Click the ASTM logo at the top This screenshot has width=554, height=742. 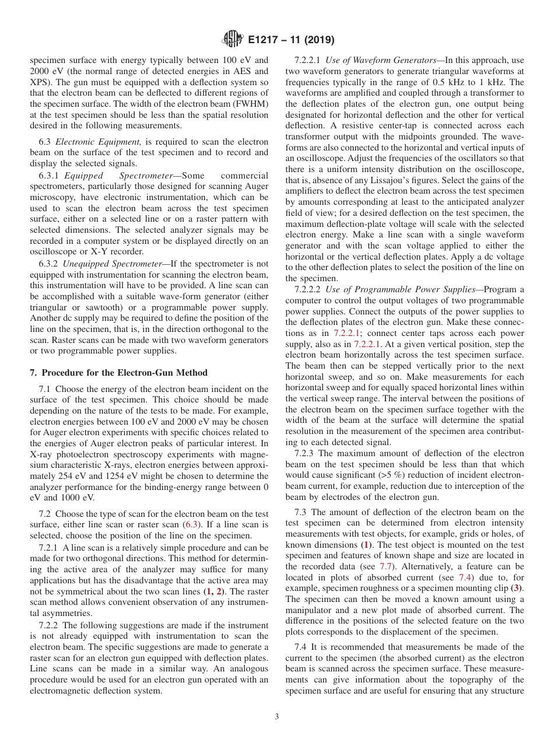click(233, 40)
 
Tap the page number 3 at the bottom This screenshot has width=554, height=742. click(277, 717)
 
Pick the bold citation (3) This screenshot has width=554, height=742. click(517, 589)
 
